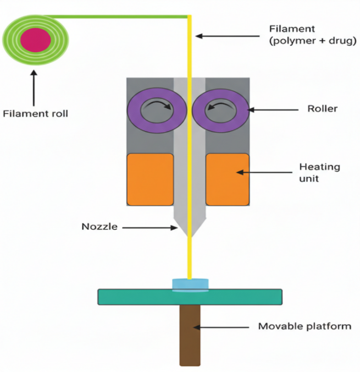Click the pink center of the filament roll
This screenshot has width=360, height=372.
[x=36, y=40]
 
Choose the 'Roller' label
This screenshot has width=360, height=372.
[x=322, y=109]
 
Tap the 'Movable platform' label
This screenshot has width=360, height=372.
[x=304, y=327]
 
